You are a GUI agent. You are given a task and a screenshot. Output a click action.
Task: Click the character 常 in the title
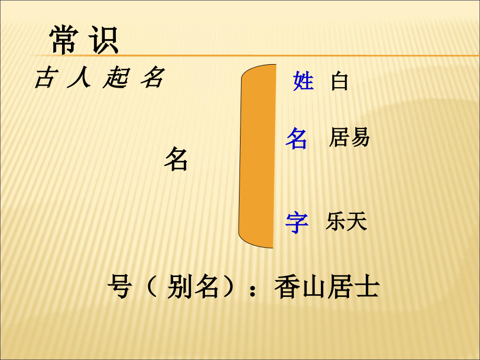(65, 40)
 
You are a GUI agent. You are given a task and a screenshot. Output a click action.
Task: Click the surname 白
(339, 82)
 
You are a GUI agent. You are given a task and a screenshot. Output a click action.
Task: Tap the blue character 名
(296, 139)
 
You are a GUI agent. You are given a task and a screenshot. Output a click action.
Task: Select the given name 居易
(349, 137)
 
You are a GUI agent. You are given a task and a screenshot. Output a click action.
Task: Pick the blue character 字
(297, 222)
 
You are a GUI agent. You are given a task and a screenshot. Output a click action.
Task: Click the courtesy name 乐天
(346, 222)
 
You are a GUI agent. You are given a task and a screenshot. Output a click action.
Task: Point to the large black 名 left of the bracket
(176, 159)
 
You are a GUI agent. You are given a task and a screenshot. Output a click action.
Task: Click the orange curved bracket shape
(257, 156)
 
